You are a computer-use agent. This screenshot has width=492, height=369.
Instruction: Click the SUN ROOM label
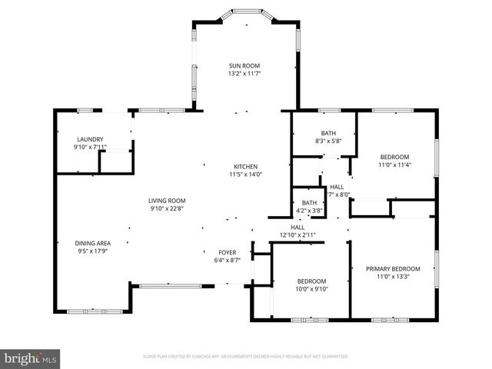(x=245, y=66)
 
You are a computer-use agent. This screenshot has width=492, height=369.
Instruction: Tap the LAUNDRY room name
(x=90, y=139)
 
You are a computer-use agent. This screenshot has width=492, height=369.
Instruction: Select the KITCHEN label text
(x=245, y=166)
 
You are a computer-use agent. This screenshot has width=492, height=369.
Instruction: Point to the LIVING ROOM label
(x=167, y=200)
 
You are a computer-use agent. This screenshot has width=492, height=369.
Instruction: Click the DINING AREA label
(x=93, y=243)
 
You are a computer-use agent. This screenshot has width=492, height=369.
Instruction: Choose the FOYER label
(x=227, y=252)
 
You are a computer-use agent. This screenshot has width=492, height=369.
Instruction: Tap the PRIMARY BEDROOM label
(x=393, y=268)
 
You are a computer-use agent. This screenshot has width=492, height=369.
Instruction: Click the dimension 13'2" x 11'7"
(x=245, y=74)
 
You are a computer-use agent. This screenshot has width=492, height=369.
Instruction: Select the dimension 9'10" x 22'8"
(x=167, y=208)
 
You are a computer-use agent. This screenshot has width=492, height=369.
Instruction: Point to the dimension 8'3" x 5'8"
(x=328, y=141)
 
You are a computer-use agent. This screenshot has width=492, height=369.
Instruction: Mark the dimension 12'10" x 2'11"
(x=298, y=235)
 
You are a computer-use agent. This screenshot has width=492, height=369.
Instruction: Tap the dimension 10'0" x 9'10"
(x=312, y=289)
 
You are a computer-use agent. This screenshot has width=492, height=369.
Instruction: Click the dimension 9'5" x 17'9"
(x=93, y=251)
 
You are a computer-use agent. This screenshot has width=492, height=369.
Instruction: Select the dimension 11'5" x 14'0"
(x=245, y=174)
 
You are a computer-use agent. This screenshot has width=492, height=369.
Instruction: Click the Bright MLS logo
(x=30, y=358)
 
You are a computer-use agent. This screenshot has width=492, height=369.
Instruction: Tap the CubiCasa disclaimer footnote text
(x=246, y=357)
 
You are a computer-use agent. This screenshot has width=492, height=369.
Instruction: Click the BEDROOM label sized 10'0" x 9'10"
(x=312, y=281)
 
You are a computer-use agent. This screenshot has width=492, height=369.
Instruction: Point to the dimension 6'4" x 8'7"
(x=227, y=260)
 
